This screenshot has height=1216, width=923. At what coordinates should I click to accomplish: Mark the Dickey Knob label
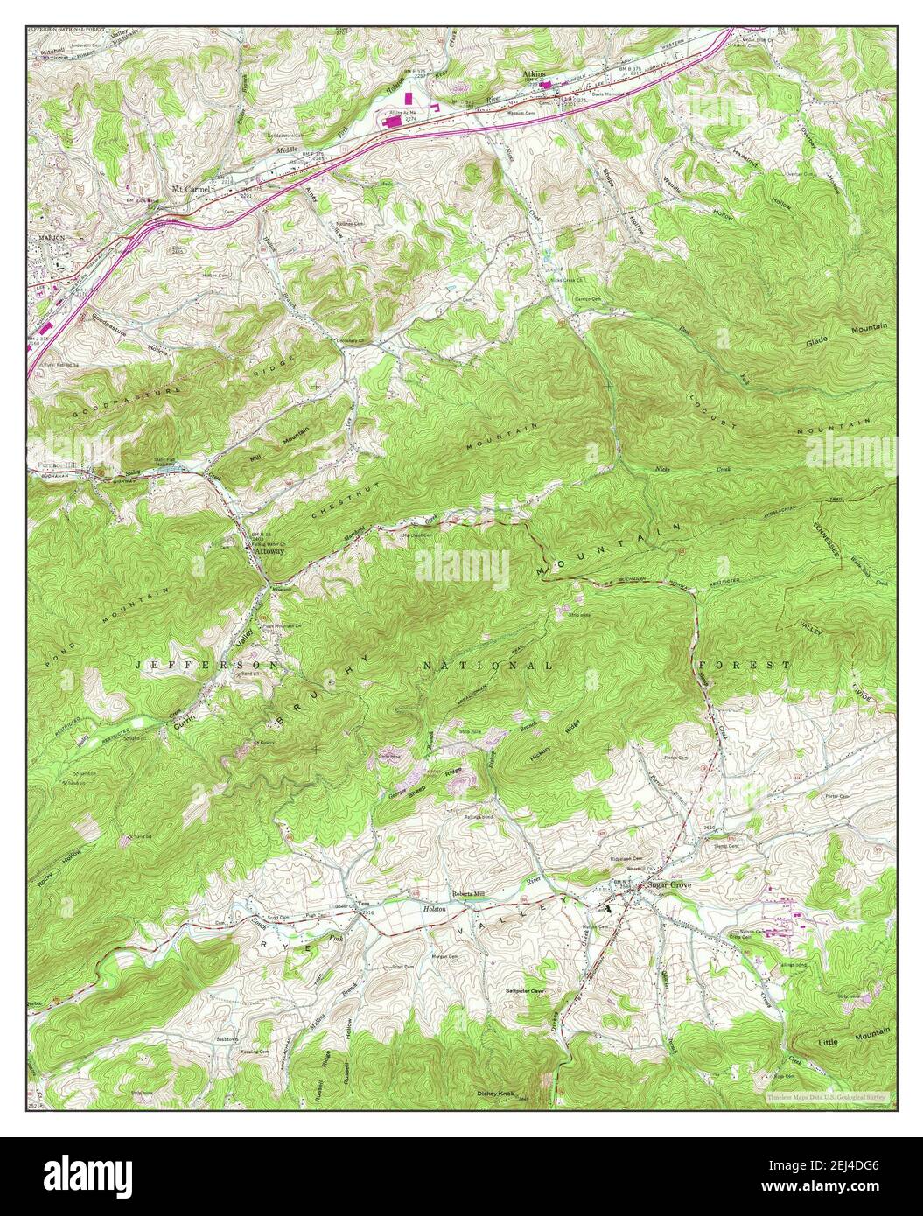tap(494, 1093)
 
